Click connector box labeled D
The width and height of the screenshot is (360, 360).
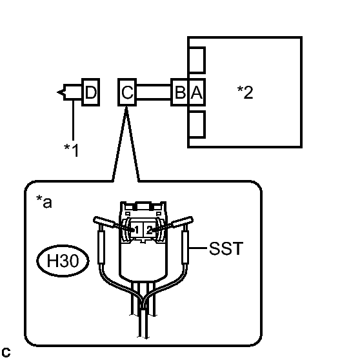[x=91, y=92]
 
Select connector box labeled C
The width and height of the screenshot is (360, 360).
[x=127, y=92]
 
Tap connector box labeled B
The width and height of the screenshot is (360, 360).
[x=179, y=92]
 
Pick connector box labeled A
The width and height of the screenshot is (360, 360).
[x=197, y=92]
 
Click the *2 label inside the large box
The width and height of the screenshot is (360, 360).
[x=245, y=92]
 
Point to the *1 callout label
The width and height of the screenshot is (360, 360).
[x=72, y=150]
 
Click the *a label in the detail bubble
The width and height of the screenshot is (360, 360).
[x=44, y=201]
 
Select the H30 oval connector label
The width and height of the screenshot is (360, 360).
[x=63, y=261]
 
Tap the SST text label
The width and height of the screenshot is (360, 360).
[x=226, y=248]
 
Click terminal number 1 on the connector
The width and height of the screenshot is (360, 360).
[x=137, y=230]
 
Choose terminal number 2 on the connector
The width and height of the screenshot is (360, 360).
[x=150, y=230]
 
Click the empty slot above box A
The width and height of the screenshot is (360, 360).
[x=197, y=60]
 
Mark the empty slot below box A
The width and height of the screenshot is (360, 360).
[x=197, y=125]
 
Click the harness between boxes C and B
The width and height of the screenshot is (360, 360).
[x=154, y=92]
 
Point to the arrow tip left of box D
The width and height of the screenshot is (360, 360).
[x=57, y=92]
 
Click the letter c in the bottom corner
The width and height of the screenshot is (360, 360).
[x=6, y=352]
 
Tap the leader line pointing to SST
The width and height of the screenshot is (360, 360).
[x=198, y=248]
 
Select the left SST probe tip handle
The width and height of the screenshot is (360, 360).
[x=105, y=221]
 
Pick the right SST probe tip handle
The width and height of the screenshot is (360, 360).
[x=182, y=221]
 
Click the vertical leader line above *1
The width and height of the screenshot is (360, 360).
[x=74, y=120]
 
